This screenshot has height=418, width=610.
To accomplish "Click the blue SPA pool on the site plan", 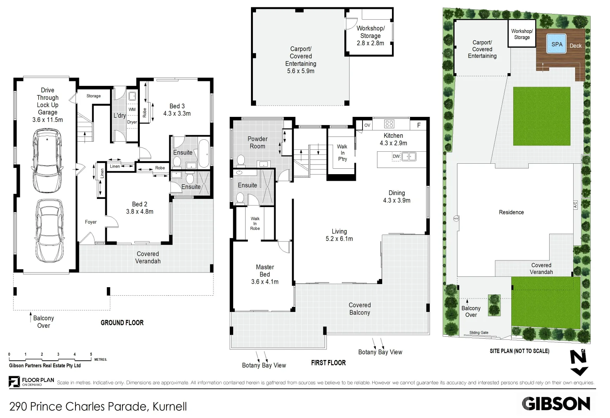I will [x=557, y=44].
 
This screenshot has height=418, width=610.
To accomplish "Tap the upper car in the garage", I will [x=47, y=161].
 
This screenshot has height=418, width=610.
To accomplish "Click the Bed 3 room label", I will [x=177, y=106].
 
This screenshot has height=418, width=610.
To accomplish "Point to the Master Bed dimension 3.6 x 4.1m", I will [x=265, y=282].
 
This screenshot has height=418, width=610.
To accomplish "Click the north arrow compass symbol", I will [x=579, y=362].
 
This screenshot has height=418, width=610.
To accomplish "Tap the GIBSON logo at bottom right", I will [x=556, y=404].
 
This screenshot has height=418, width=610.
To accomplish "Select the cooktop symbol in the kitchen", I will [x=389, y=124].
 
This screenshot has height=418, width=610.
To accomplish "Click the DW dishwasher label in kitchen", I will [x=396, y=156].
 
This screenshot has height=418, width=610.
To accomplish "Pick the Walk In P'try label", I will [x=342, y=153].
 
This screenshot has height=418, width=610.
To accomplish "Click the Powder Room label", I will [x=258, y=142].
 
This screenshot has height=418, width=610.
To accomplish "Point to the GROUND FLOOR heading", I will [x=122, y=323].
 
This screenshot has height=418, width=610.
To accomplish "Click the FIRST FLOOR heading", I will [x=328, y=363].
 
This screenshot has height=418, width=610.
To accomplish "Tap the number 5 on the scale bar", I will [x=91, y=354].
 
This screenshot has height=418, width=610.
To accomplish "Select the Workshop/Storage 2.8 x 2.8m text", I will [x=370, y=36].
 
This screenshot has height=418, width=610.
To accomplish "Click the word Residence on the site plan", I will [x=511, y=212].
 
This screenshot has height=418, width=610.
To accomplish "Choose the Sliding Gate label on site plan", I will [x=479, y=332].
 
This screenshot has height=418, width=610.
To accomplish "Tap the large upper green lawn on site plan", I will [x=541, y=116].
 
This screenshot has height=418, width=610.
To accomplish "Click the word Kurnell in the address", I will [x=170, y=406].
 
